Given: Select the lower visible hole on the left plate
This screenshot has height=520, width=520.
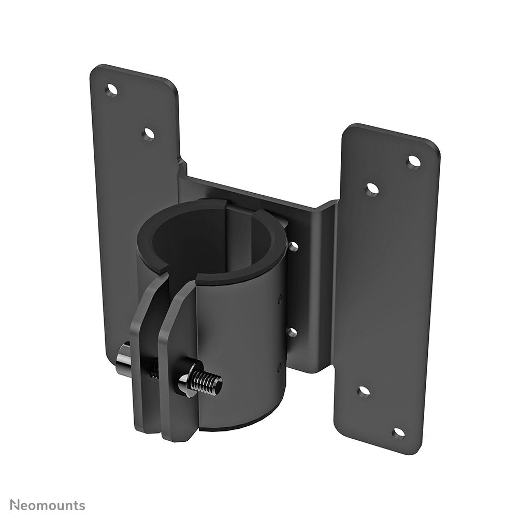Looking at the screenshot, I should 149,134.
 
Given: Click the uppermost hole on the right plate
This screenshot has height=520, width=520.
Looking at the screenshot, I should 413,162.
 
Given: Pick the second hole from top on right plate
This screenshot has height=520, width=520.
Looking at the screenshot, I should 371,190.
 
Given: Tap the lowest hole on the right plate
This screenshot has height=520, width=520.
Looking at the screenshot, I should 398,433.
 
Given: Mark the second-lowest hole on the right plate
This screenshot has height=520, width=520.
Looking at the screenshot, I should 364,392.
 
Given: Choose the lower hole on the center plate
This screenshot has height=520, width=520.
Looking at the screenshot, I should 292,332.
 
